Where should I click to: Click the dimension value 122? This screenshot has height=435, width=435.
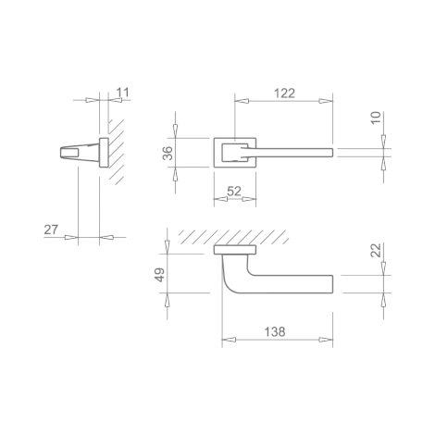coord(284,93)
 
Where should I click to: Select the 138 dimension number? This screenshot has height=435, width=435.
coord(275,332)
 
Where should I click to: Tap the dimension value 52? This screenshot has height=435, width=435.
coord(234,192)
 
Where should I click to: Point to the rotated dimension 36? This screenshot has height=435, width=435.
coord(168,153)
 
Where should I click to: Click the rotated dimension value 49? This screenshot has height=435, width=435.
coord(160,275)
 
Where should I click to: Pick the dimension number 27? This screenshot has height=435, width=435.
coord(51,230)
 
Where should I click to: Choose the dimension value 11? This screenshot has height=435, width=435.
coord(122,93)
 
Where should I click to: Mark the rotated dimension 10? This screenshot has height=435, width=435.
coord(376,118)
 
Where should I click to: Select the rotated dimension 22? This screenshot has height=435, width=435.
coord(376,250)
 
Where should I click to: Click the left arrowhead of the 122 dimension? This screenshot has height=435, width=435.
coord(242,101)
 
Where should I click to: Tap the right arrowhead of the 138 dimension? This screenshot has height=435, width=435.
coord(326,340)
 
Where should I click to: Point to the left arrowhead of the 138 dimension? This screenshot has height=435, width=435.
coord(229,340)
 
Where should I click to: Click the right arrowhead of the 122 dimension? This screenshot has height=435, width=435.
coord(326,101)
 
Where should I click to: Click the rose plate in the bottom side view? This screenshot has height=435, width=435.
coord(235,250)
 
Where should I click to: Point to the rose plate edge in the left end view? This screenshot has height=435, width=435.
coord(104,153)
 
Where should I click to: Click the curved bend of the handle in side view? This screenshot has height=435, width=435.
coord(228,284)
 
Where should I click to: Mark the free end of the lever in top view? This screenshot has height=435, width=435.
coord(331,153)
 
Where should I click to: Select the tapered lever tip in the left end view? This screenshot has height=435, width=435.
coord(64,153)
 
